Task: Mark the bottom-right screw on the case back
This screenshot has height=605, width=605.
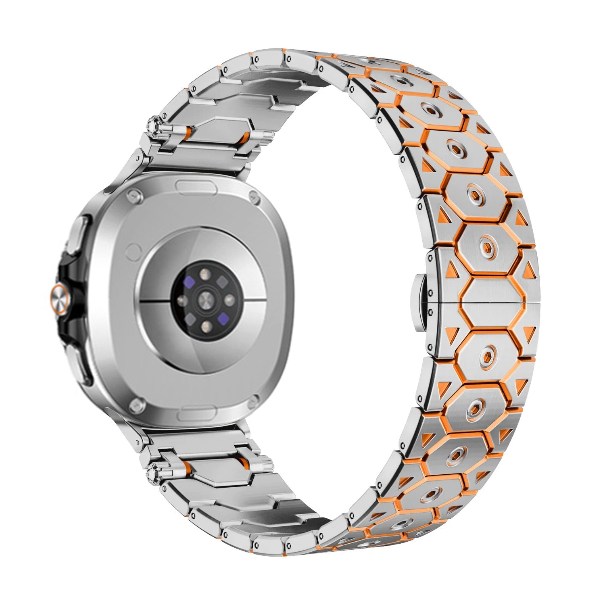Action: point(256,401)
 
